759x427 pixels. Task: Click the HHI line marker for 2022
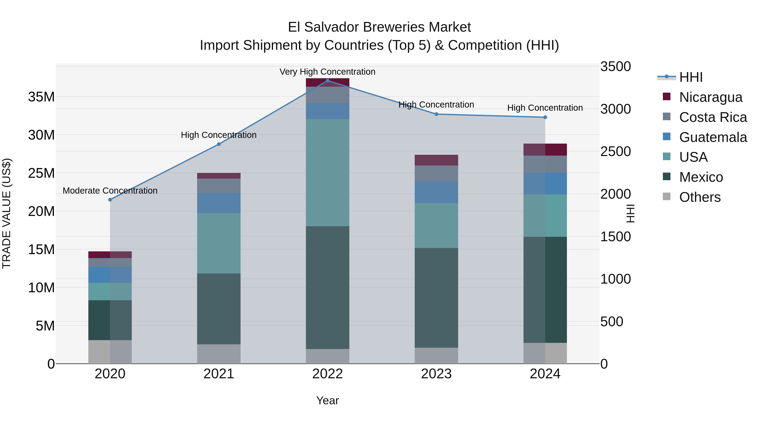click(x=327, y=81)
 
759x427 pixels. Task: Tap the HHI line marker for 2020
click(x=110, y=200)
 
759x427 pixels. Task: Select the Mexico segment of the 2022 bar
click(x=327, y=288)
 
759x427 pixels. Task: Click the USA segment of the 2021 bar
click(x=219, y=243)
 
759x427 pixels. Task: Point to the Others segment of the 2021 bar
click(x=219, y=354)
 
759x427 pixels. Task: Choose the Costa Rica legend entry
click(x=713, y=117)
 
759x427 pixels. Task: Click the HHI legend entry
click(x=691, y=77)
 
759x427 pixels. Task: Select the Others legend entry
click(x=700, y=197)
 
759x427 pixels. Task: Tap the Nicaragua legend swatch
click(x=666, y=97)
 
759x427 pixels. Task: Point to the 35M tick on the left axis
click(x=41, y=97)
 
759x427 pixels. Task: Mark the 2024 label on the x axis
click(x=545, y=374)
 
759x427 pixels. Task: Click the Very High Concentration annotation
click(x=327, y=72)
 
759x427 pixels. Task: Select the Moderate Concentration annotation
click(x=110, y=191)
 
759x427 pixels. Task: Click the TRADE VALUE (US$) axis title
click(x=7, y=213)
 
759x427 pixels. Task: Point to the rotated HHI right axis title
click(x=630, y=213)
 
